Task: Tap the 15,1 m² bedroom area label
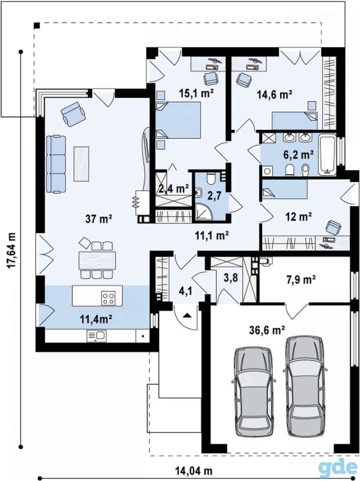click(197, 93)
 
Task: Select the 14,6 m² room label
click(274, 94)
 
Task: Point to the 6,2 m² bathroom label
click(298, 154)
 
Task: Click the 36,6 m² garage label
click(267, 330)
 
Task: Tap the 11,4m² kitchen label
click(96, 319)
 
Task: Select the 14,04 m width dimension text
click(194, 470)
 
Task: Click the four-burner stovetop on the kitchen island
click(109, 298)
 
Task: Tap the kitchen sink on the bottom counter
click(96, 336)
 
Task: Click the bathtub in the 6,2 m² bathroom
click(327, 155)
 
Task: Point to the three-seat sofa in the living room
click(56, 165)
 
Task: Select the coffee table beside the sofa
click(81, 164)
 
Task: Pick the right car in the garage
click(304, 386)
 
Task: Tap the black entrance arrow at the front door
click(188, 315)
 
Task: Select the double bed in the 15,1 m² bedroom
click(178, 120)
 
